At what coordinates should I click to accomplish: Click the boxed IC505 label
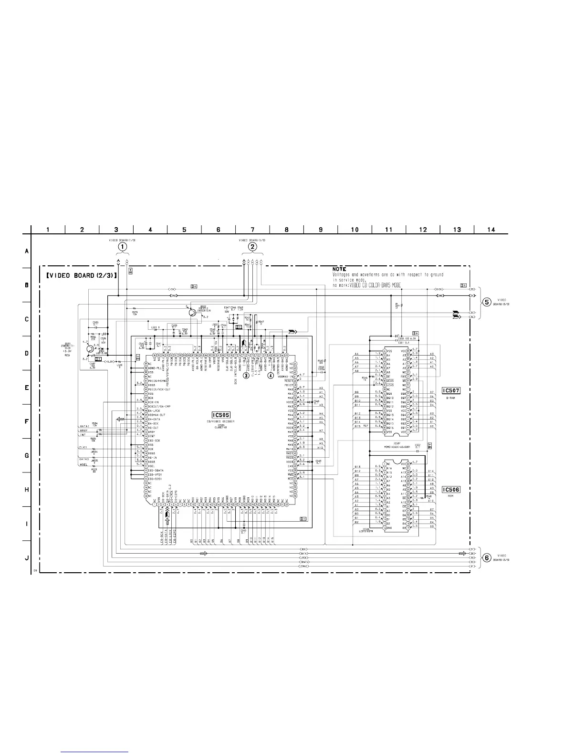(x=221, y=415)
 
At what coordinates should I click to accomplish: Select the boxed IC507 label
(x=451, y=390)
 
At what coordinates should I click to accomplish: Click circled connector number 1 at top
(x=123, y=247)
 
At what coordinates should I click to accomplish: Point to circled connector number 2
(x=252, y=247)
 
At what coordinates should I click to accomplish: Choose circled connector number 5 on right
(x=486, y=302)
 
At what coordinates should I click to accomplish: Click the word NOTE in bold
(x=339, y=269)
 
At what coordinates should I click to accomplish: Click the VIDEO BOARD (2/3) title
(x=82, y=276)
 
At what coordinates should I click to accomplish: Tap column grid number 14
(x=491, y=230)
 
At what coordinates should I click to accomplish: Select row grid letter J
(x=27, y=558)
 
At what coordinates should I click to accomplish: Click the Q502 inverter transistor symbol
(x=191, y=313)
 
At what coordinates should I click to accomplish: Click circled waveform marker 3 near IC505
(x=246, y=375)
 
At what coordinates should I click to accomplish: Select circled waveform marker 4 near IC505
(x=271, y=375)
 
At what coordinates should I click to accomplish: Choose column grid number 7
(x=252, y=230)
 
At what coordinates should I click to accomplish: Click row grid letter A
(x=27, y=251)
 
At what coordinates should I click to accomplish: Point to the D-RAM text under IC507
(x=450, y=397)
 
